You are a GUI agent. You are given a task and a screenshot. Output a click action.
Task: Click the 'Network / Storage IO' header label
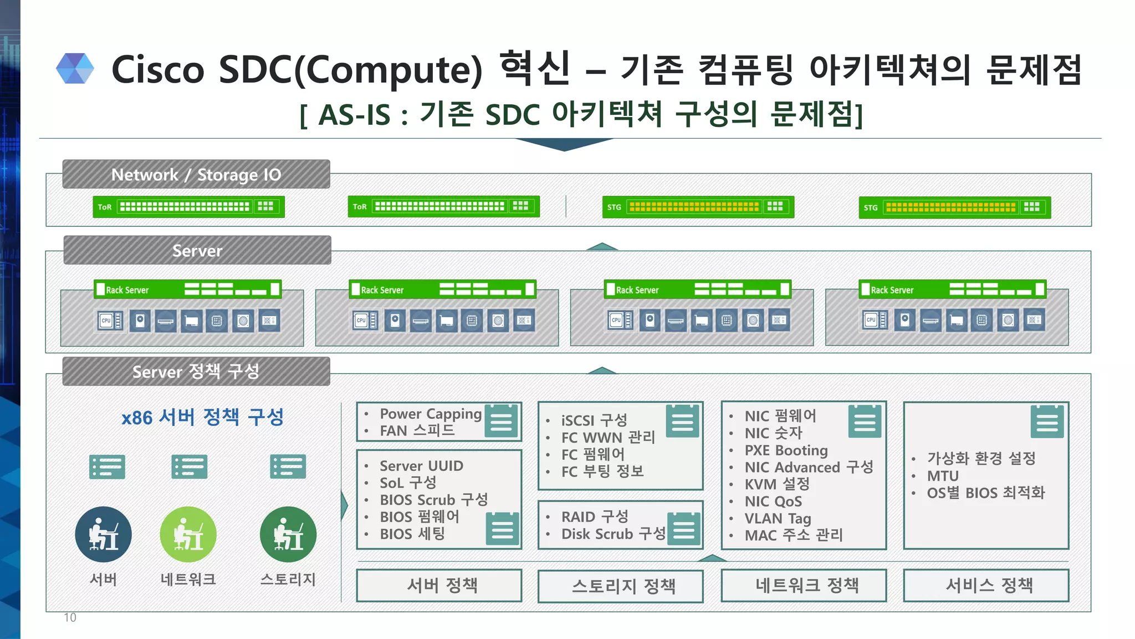click(196, 175)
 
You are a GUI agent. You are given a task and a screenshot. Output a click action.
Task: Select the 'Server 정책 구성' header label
click(196, 371)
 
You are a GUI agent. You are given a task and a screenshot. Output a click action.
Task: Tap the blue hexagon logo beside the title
click(75, 69)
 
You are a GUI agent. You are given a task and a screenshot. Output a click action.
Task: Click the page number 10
click(70, 617)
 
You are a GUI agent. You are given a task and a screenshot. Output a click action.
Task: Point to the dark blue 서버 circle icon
click(104, 535)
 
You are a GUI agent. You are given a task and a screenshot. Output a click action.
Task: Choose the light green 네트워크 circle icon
click(188, 535)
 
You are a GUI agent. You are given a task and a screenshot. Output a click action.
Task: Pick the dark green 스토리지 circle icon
click(288, 535)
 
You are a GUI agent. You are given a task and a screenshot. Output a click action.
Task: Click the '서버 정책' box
click(439, 585)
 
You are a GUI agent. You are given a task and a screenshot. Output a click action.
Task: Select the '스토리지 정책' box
click(621, 586)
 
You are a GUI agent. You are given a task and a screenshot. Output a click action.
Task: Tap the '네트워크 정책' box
click(804, 585)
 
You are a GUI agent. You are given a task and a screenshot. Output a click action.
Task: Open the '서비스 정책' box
click(986, 585)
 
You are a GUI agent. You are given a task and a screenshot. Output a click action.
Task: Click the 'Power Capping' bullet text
click(431, 414)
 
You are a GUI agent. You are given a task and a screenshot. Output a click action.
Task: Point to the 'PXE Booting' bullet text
click(786, 450)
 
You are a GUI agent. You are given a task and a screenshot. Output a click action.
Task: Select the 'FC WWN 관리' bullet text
click(608, 437)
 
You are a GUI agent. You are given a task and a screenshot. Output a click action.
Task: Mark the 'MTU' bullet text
click(943, 476)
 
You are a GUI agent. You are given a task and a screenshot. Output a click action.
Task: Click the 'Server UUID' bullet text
click(421, 466)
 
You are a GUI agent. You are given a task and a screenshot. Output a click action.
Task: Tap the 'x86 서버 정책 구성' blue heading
click(202, 417)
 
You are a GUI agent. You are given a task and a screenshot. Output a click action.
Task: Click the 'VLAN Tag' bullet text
click(778, 518)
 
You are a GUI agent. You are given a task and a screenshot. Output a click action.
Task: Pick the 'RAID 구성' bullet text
click(595, 516)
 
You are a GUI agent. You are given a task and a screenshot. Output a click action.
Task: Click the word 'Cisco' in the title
click(158, 70)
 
